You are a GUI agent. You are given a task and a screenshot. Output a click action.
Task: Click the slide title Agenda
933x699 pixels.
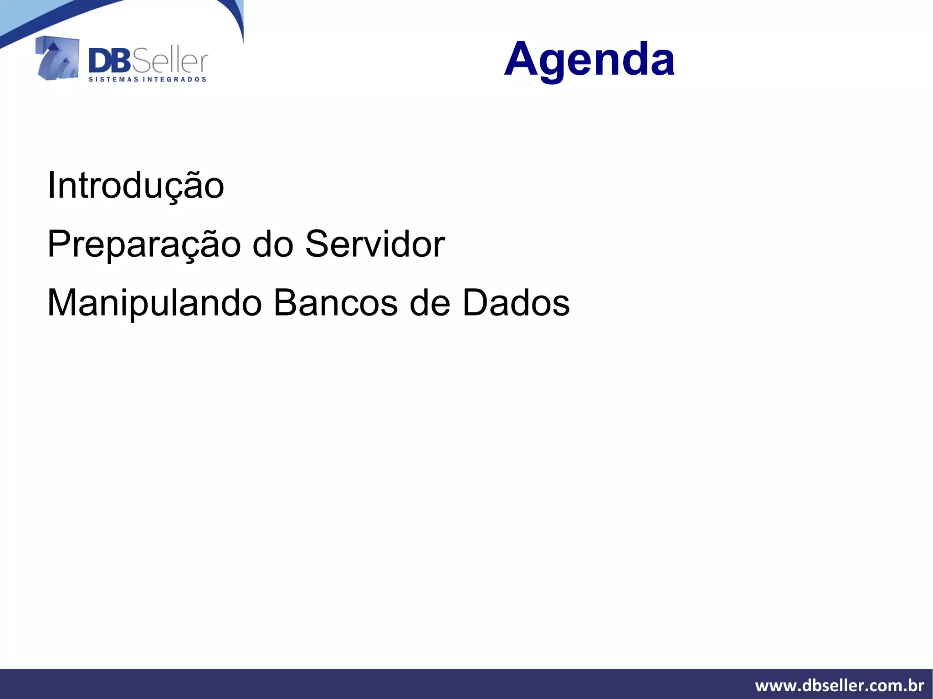[x=589, y=59]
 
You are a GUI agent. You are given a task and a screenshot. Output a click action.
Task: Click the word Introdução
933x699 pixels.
[x=136, y=186]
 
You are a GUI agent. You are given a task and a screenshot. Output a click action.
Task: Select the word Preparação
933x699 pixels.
[x=144, y=245]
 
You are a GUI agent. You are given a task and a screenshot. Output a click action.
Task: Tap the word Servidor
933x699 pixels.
[x=374, y=244]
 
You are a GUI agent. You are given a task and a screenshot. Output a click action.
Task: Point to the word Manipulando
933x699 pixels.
[x=154, y=303]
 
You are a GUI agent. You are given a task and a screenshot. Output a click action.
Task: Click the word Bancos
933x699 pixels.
[x=335, y=303]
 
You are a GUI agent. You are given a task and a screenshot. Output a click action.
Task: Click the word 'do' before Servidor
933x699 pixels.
[x=273, y=244]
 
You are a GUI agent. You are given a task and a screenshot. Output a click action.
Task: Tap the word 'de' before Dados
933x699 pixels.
[x=430, y=303]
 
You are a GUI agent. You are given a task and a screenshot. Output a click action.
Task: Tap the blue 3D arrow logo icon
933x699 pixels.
[x=57, y=58]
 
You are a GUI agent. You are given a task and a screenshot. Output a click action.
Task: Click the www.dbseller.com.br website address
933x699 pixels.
[x=839, y=685]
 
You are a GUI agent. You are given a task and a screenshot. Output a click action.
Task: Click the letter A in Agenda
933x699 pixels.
[x=521, y=59]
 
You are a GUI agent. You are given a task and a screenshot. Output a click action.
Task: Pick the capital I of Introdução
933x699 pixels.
[x=51, y=185]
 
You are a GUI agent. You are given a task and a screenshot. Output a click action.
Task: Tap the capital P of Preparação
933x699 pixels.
[x=57, y=244]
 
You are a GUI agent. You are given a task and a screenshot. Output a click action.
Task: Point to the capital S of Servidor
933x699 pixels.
[x=317, y=244]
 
